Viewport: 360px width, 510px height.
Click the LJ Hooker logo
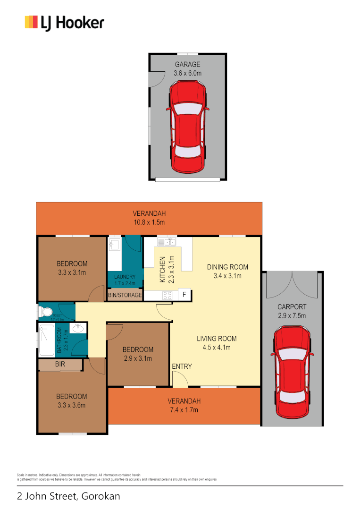pos(64,23)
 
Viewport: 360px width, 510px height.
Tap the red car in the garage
pos(188,127)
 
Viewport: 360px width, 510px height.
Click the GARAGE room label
pos(188,65)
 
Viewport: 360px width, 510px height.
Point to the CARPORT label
pos(292,306)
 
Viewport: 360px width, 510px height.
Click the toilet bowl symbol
pos(46,312)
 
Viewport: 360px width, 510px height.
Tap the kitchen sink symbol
pos(167,242)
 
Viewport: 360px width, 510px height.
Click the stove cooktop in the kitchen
pos(167,296)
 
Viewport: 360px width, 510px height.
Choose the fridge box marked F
pos(184,295)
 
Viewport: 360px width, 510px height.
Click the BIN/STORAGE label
pos(125,295)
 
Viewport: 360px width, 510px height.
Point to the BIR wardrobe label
pos(60,365)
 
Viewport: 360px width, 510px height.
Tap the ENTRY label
pos(182,366)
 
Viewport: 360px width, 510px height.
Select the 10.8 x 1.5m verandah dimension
pos(149,222)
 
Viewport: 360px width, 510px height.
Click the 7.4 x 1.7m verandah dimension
pos(184,409)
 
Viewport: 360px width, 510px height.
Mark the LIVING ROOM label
pos(217,339)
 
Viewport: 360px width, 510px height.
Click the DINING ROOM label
pos(227,267)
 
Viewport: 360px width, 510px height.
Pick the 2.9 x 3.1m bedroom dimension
pos(138,358)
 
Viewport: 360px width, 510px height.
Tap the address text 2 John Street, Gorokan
pos(68,496)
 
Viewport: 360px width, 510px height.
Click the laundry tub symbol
pos(114,244)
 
